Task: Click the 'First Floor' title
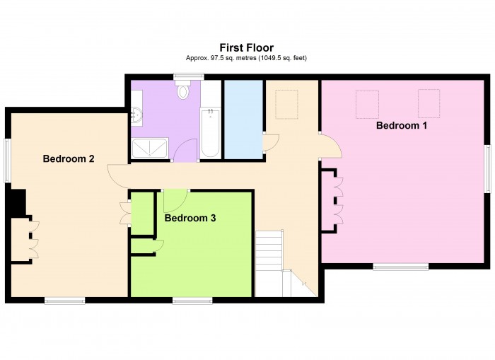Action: click(x=247, y=48)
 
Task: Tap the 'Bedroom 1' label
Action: click(x=401, y=125)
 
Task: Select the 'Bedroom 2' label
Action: click(x=69, y=158)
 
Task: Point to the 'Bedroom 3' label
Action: click(x=190, y=218)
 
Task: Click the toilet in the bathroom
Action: click(x=183, y=91)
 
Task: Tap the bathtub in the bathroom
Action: click(x=210, y=132)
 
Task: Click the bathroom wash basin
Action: click(x=136, y=115)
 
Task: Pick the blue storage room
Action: click(x=243, y=120)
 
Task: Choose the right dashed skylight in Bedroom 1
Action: click(x=429, y=103)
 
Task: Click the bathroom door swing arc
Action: click(x=186, y=150)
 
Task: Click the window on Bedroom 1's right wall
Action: click(x=487, y=168)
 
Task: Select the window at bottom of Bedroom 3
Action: click(x=192, y=301)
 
